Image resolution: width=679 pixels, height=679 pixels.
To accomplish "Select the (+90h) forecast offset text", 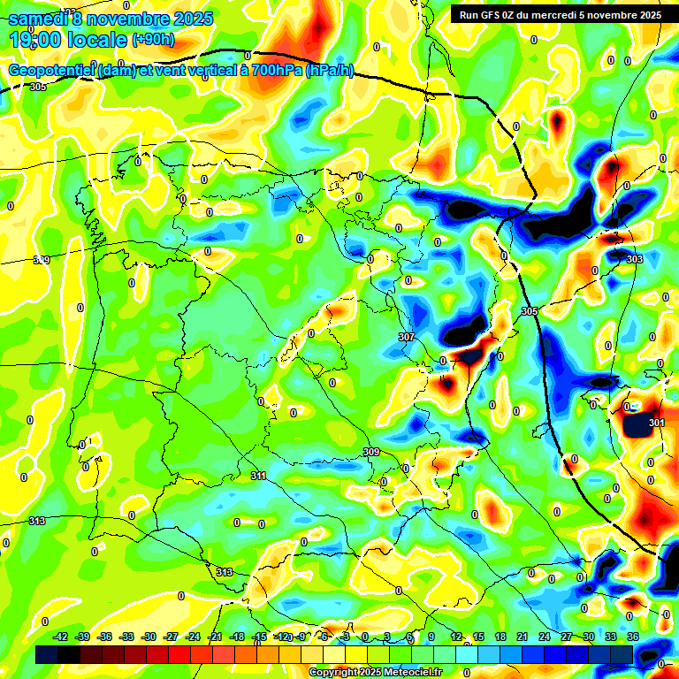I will tap(152, 40).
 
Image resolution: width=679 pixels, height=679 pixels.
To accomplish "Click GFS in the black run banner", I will tap(495, 14).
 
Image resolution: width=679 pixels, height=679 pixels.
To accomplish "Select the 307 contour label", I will tap(407, 337).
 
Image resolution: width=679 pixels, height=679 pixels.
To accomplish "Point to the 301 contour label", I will tap(656, 423).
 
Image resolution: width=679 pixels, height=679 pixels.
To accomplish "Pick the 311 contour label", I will tap(258, 476).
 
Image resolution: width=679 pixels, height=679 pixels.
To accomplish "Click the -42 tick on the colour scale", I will tap(61, 637).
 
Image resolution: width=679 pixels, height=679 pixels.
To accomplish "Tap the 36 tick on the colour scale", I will tap(633, 637).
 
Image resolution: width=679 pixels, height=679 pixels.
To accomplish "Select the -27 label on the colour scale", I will tap(171, 637).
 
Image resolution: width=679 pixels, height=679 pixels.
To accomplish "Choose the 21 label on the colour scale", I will tap(523, 637).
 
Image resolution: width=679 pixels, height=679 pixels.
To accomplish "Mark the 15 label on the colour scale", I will tap(478, 637).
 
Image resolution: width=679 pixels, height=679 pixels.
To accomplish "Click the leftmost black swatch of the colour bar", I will tap(47, 654).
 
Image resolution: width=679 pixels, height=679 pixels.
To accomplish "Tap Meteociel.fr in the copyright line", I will tap(409, 673).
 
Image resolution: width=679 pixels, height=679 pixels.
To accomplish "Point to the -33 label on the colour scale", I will tap(126, 637).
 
